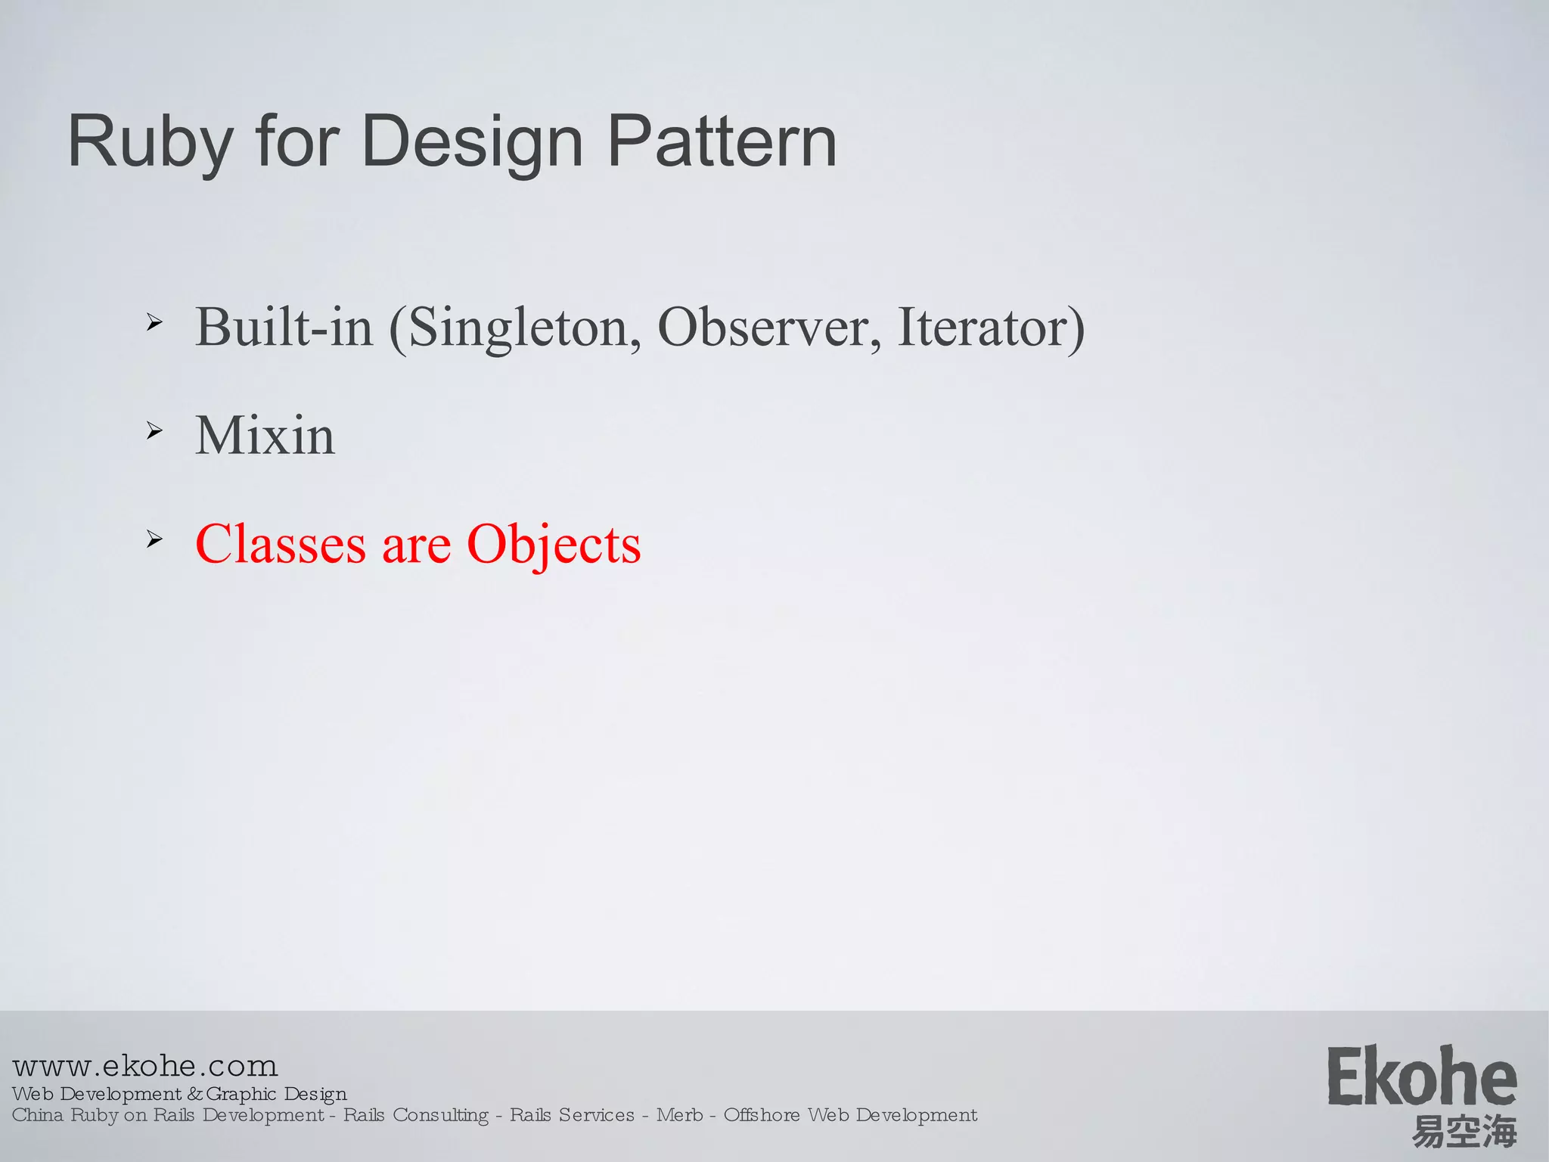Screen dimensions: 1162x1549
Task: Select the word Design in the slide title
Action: (x=472, y=141)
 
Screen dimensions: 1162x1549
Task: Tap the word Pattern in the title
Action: (x=722, y=141)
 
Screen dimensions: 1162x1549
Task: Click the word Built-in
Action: (x=284, y=328)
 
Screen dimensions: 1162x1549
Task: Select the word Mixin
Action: (x=265, y=436)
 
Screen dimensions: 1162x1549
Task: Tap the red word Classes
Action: (x=280, y=544)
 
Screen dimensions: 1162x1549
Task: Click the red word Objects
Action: (x=554, y=544)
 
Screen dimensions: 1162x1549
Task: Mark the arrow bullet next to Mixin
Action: (x=154, y=431)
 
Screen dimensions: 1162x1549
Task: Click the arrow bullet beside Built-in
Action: (x=154, y=323)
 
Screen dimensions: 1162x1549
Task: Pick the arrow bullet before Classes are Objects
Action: (x=154, y=539)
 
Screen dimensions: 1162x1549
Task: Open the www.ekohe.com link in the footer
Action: (x=145, y=1066)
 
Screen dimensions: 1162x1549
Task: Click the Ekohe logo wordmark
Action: (x=1422, y=1077)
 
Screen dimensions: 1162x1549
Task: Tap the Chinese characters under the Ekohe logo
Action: (x=1464, y=1132)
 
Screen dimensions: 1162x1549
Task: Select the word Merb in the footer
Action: (x=679, y=1115)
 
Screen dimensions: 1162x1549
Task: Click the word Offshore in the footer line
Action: (x=762, y=1115)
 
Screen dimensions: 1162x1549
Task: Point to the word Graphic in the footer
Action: (x=241, y=1094)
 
